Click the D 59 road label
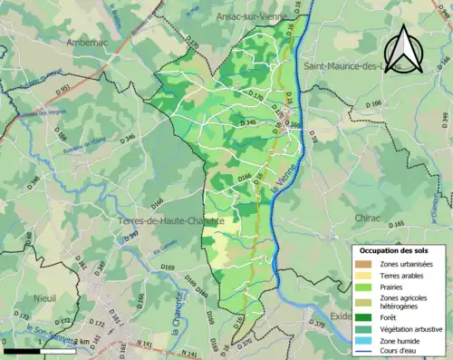click(x=314, y=136)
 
